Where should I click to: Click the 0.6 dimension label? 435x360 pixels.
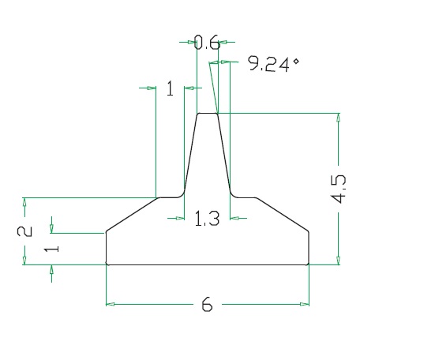click(207, 43)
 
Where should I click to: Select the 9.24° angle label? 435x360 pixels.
click(273, 64)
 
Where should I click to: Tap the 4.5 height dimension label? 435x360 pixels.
click(339, 189)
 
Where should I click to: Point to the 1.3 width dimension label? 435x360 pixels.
click(207, 218)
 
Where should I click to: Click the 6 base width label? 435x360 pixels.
click(207, 304)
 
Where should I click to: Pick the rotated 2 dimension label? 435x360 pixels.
click(24, 231)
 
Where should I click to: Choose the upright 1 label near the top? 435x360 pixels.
click(170, 88)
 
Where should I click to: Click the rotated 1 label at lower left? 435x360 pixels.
click(51, 249)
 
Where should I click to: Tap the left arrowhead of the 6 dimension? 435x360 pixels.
click(111, 304)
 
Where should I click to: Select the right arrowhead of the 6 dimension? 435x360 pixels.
click(305, 304)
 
